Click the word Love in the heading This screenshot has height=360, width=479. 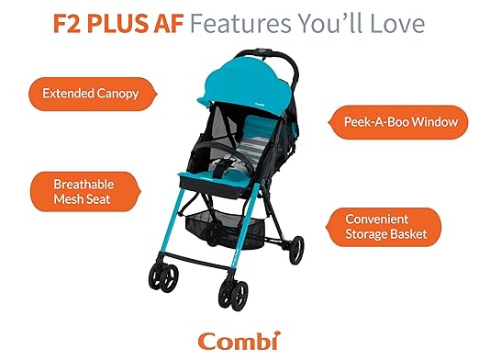click(398, 22)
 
